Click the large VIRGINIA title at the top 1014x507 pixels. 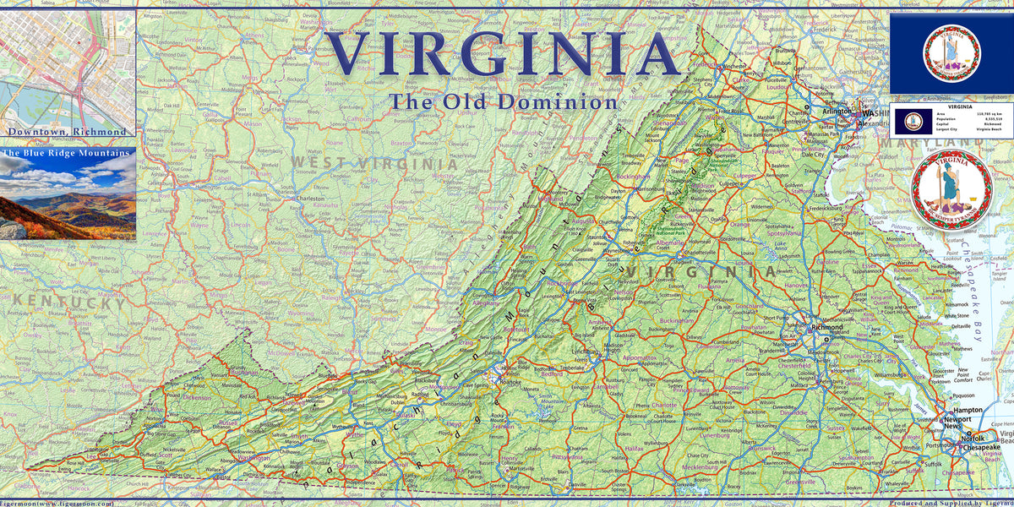504,52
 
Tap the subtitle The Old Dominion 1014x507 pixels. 503,102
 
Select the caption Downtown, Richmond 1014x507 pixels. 68,132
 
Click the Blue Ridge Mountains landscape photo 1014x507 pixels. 68,199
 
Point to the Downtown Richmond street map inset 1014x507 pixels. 68,63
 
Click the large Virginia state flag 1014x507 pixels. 951,52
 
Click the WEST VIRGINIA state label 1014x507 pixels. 373,163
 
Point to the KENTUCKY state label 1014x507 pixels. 63,303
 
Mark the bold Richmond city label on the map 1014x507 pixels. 826,327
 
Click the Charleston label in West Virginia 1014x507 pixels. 314,200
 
